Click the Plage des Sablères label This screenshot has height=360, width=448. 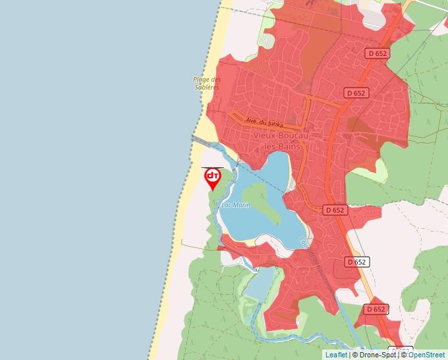pyautogui.click(x=206, y=83)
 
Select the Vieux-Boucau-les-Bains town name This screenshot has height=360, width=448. pyautogui.click(x=277, y=140)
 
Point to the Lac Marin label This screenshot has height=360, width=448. pyautogui.click(x=236, y=205)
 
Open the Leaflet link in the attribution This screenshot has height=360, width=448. pyautogui.click(x=336, y=355)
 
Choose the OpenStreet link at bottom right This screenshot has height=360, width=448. pyautogui.click(x=427, y=355)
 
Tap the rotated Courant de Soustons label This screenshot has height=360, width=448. pyautogui.click(x=312, y=257)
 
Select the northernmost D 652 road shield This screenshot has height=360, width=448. pyautogui.click(x=378, y=53)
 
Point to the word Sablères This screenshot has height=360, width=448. pyautogui.click(x=207, y=87)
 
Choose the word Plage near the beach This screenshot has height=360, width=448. pyautogui.click(x=200, y=79)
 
